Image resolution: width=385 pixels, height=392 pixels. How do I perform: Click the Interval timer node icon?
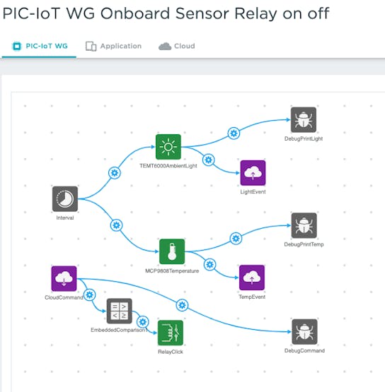point(65,198)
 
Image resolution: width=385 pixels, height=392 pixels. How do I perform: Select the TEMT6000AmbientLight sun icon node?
point(168,147)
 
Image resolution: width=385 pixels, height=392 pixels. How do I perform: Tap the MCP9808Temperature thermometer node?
point(172,251)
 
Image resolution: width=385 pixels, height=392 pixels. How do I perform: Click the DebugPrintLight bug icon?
point(304,120)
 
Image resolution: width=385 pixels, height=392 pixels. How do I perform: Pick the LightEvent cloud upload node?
point(253,173)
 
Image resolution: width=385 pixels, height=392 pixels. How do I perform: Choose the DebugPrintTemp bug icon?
point(304,225)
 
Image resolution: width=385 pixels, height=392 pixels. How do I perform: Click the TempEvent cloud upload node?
point(252,278)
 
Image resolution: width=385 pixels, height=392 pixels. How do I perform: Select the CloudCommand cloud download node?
point(64,278)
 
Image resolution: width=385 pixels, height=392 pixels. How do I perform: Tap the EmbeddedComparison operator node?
point(119,311)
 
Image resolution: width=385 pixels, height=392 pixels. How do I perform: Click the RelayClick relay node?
point(171,333)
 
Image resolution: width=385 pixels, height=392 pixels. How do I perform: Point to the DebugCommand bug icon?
point(304,332)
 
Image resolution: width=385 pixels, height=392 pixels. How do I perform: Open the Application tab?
point(113,46)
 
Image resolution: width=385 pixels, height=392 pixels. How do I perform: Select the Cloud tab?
point(177,46)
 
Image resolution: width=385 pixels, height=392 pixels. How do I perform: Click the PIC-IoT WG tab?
point(40,46)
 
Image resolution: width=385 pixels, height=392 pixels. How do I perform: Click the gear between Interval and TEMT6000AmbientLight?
point(115,173)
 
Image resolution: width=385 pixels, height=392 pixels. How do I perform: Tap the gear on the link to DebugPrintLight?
point(234,133)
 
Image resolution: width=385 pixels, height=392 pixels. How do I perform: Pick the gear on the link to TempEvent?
point(209,264)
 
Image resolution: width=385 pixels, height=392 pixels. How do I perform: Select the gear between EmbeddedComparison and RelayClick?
point(142,322)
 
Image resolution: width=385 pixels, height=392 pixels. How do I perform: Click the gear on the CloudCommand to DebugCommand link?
point(182,305)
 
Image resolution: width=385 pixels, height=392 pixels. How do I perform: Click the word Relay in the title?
point(256,13)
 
